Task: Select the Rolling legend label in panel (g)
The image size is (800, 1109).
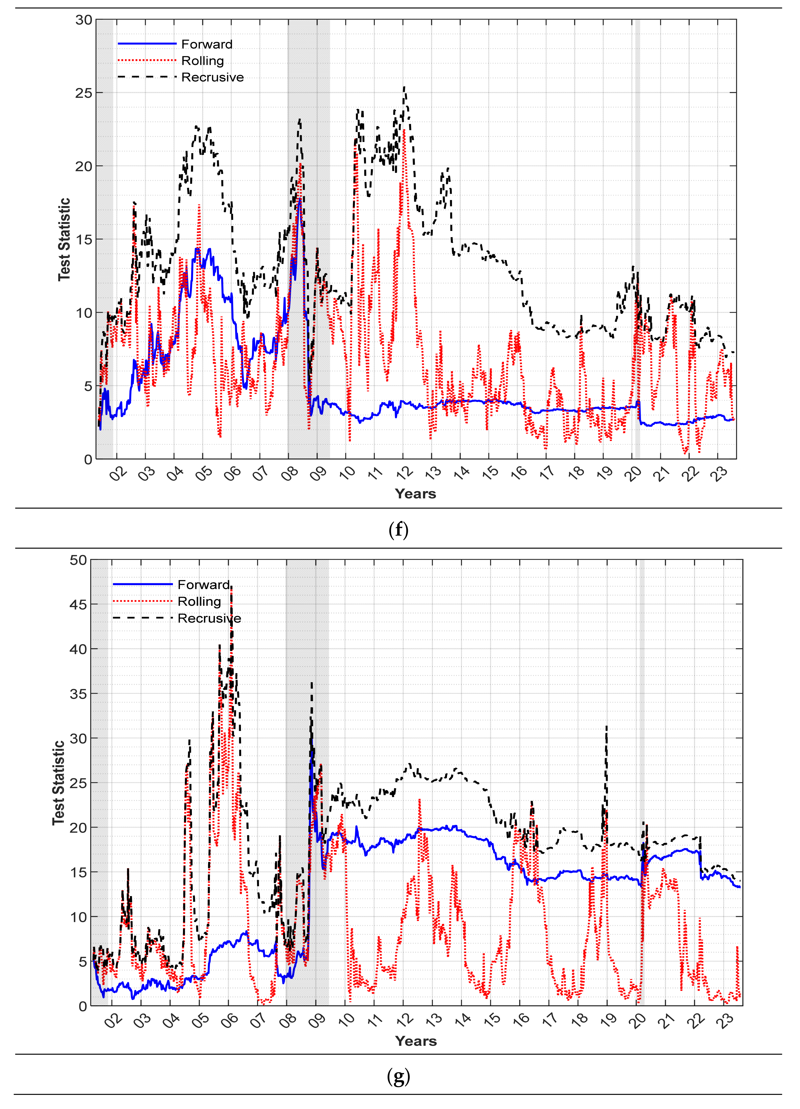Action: (x=199, y=602)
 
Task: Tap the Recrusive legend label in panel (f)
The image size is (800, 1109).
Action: (x=212, y=77)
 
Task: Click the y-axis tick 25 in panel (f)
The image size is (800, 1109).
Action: (x=84, y=93)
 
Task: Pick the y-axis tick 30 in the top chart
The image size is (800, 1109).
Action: (x=84, y=20)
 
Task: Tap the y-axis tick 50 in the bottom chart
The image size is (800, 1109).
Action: (x=78, y=560)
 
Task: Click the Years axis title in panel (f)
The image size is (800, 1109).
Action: (x=415, y=494)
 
